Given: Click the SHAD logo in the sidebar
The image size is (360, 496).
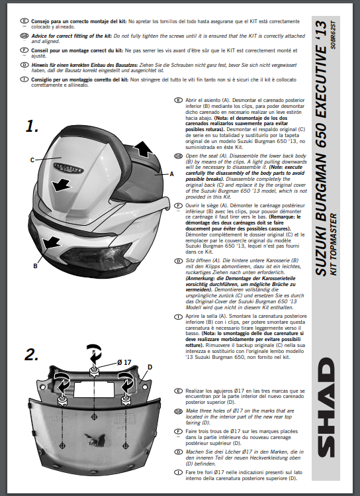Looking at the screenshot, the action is pyautogui.click(x=326, y=407).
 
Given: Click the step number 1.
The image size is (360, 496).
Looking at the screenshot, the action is pyautogui.click(x=32, y=126).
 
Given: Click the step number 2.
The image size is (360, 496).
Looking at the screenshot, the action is pyautogui.click(x=32, y=354).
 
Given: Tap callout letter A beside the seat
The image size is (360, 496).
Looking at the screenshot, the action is pyautogui.click(x=171, y=174).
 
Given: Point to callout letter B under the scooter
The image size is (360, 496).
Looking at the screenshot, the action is pyautogui.click(x=35, y=266).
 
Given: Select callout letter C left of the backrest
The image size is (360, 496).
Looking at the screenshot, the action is pyautogui.click(x=32, y=160).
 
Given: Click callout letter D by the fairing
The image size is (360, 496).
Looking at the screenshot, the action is pyautogui.click(x=150, y=367).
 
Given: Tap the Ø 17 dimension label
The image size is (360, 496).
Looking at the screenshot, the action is pyautogui.click(x=124, y=362).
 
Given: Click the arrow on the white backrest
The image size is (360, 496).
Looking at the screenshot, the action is pyautogui.click(x=62, y=185).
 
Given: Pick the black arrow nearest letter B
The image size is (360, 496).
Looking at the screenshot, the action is pyautogui.click(x=50, y=243).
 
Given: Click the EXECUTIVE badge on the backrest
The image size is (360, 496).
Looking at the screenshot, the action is pyautogui.click(x=68, y=168).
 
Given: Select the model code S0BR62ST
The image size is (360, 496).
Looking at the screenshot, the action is pyautogui.click(x=334, y=35).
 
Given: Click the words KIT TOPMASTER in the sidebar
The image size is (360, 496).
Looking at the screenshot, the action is pyautogui.click(x=334, y=244).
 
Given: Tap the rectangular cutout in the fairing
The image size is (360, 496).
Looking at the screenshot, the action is pyautogui.click(x=93, y=389).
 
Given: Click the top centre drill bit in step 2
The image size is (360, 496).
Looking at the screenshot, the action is pyautogui.click(x=94, y=370).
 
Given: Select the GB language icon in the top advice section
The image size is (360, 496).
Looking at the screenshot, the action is pyautogui.click(x=24, y=36).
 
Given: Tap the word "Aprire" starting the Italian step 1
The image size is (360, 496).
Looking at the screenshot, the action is pyautogui.click(x=193, y=316).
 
